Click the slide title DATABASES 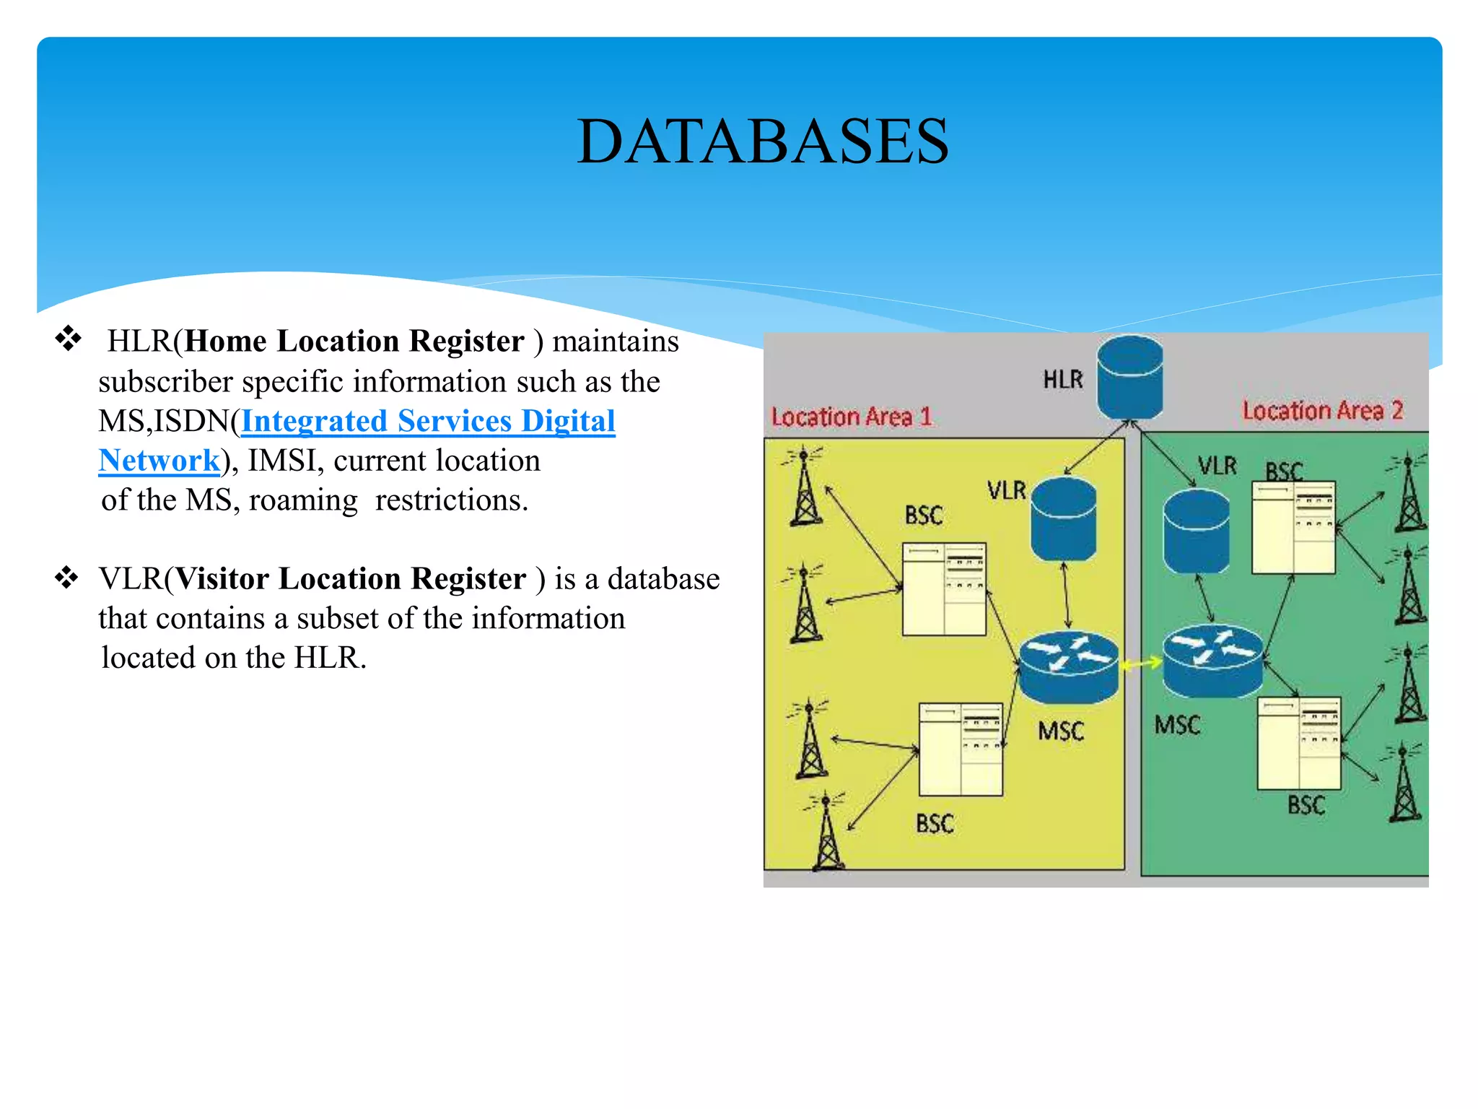coord(762,142)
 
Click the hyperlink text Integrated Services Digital coord(428,421)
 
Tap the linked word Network coord(159,461)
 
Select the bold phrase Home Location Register coord(354,342)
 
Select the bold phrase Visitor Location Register coord(351,579)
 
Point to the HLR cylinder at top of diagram coord(1129,378)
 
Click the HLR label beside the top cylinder coord(1062,380)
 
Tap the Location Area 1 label coord(852,417)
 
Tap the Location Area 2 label coord(1322,411)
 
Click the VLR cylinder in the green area coord(1196,532)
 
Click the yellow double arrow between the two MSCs coord(1140,663)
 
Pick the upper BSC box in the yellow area coord(944,589)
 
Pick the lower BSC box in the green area coord(1298,744)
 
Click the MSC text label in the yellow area coord(1061,731)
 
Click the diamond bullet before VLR coord(66,578)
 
